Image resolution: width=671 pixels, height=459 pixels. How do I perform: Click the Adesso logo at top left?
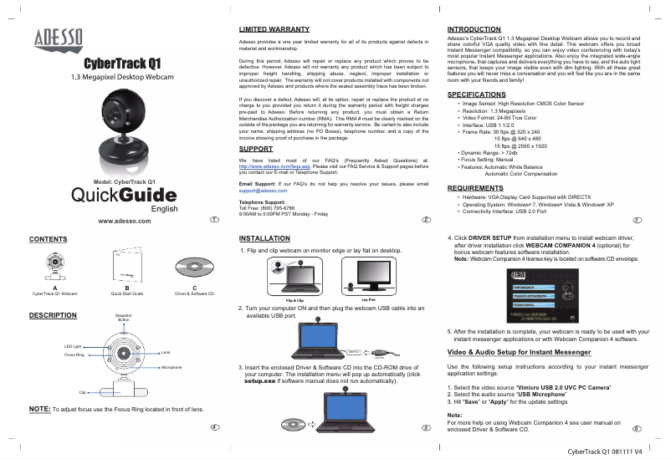point(59,38)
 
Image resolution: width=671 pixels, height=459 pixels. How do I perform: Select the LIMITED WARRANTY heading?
point(269,29)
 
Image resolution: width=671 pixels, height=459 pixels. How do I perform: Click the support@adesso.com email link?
point(263,191)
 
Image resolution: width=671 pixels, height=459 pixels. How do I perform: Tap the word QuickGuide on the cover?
point(124,195)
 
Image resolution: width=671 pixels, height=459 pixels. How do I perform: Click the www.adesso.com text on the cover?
point(125,221)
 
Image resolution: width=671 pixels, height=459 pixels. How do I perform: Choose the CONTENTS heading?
point(49,239)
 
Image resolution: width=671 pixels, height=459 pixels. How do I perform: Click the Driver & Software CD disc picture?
point(194,266)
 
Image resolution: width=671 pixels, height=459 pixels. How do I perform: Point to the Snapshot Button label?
point(124,317)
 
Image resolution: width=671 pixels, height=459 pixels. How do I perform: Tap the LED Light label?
point(73,345)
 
